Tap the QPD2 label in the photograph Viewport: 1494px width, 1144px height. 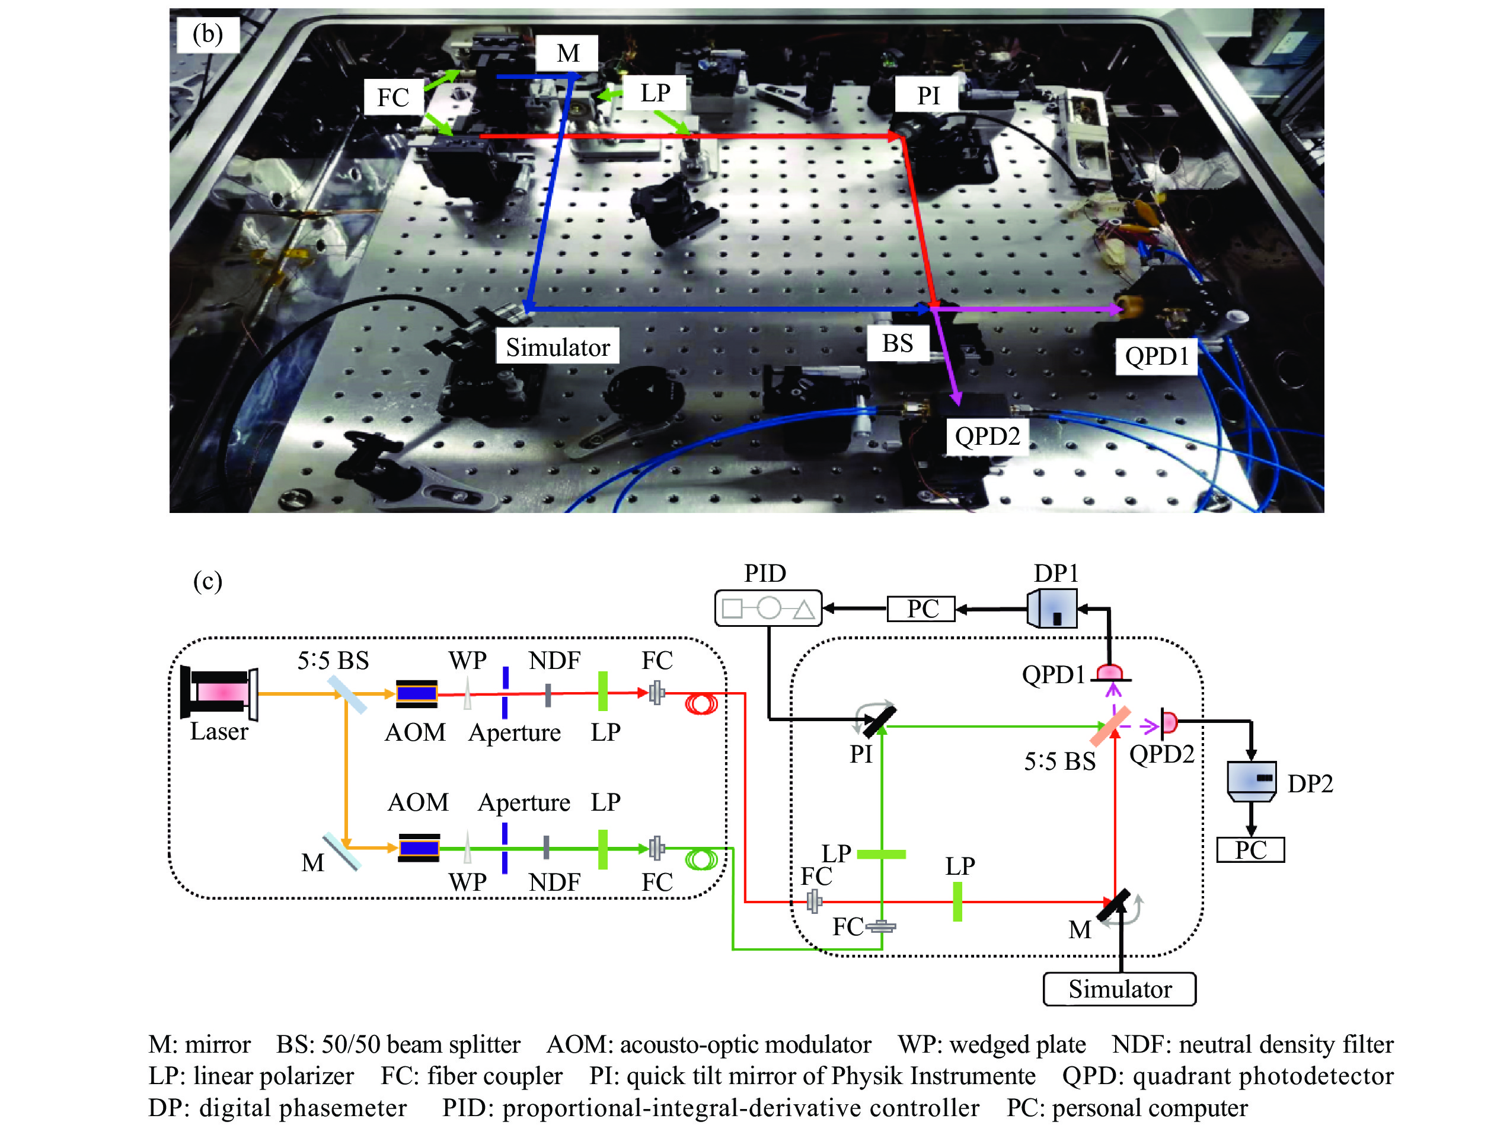coord(987,435)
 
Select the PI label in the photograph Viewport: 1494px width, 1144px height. coord(928,95)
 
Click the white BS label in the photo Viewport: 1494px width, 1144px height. coord(897,343)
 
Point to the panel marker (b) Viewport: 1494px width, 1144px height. coord(207,34)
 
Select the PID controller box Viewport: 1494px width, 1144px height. coord(768,607)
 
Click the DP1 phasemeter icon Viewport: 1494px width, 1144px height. coord(1052,608)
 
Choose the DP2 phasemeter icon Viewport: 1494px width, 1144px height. coord(1251,780)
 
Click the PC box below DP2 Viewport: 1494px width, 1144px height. coord(1250,850)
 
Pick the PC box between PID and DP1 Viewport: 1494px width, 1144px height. coord(921,608)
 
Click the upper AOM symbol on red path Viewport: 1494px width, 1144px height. coord(417,693)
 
